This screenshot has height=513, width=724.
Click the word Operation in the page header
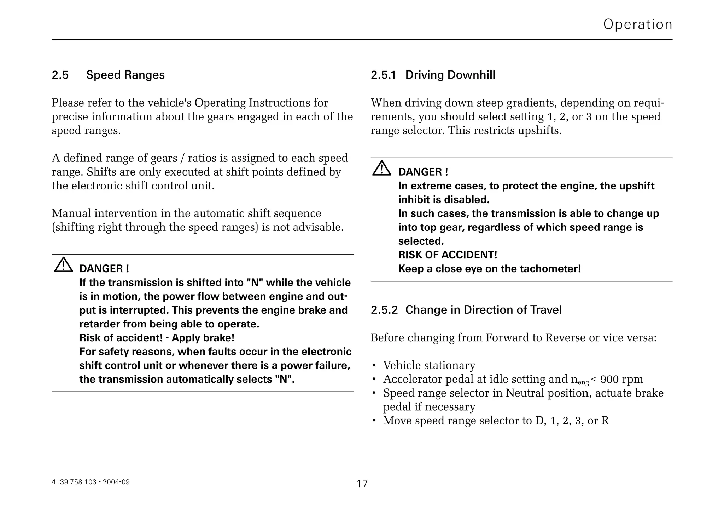pyautogui.click(x=637, y=24)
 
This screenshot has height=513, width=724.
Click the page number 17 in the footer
pyautogui.click(x=362, y=484)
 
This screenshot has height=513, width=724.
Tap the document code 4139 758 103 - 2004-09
pyautogui.click(x=90, y=482)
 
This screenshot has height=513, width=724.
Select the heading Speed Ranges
pyautogui.click(x=125, y=75)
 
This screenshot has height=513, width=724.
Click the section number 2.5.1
pyautogui.click(x=383, y=75)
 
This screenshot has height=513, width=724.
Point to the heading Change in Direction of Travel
pyautogui.click(x=483, y=310)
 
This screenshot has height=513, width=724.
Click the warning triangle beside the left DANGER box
pyautogui.click(x=63, y=265)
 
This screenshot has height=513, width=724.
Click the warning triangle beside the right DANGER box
pyautogui.click(x=381, y=169)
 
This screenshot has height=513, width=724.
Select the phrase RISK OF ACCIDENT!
pyautogui.click(x=448, y=255)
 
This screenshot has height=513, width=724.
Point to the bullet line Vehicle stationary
pyautogui.click(x=429, y=365)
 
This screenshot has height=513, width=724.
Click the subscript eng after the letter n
pyautogui.click(x=583, y=382)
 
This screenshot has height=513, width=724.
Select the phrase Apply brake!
pyautogui.click(x=203, y=338)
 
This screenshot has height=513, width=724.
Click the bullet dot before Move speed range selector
pyautogui.click(x=374, y=421)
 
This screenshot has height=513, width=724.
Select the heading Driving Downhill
pyautogui.click(x=450, y=75)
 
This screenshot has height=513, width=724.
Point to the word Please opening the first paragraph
pyautogui.click(x=68, y=103)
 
